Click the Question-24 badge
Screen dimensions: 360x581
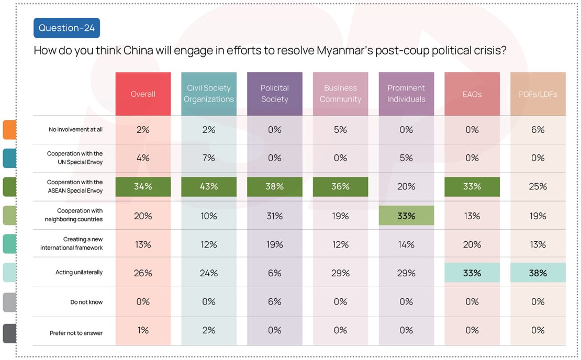(66, 28)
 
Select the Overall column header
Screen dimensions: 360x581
(143, 94)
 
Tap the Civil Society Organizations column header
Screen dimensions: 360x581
(209, 94)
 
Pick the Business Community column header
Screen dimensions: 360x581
(340, 94)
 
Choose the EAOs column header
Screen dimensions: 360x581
(472, 94)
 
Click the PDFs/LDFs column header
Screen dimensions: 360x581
(538, 94)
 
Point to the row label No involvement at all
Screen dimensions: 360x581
(76, 130)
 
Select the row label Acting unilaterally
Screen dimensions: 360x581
(79, 273)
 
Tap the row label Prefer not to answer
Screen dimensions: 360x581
(76, 333)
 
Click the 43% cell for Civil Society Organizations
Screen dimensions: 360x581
(209, 187)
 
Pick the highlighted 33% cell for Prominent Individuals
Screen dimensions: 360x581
(406, 216)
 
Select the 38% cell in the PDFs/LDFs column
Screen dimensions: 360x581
(538, 273)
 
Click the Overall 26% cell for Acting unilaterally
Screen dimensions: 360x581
(143, 273)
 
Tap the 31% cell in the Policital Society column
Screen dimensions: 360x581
(274, 216)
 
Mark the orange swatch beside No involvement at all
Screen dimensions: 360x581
(9, 130)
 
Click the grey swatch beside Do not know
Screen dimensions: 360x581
(9, 302)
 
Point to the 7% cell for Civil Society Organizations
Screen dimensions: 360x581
(209, 158)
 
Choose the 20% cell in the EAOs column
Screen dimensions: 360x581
(472, 244)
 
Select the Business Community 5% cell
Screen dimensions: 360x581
(340, 130)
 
